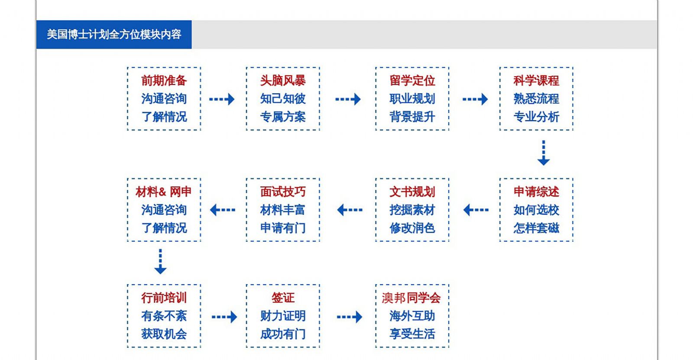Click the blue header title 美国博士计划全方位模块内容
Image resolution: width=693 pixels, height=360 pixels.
coord(114,34)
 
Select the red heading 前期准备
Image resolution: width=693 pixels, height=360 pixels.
coord(164,81)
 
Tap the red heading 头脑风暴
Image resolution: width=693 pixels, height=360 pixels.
coord(283,81)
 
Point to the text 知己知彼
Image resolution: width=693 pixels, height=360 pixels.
coord(283,99)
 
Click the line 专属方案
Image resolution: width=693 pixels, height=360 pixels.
coord(283,117)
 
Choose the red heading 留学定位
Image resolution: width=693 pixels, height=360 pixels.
coord(412,81)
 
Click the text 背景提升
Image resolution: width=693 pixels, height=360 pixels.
coord(412,117)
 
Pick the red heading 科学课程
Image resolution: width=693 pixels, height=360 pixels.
coord(536,81)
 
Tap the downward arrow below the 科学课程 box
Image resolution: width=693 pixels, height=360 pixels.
coord(543,153)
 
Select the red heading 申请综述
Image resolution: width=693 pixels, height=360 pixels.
coord(536,191)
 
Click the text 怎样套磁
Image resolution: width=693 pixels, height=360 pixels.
coord(536,228)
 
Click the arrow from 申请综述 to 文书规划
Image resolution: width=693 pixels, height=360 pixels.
coord(476,210)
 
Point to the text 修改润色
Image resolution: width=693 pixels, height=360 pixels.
coord(412,228)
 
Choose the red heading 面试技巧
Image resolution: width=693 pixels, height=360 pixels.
coord(283,191)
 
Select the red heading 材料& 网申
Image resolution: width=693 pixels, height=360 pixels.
coord(163,191)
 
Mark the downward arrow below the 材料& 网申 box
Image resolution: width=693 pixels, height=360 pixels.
coord(160,261)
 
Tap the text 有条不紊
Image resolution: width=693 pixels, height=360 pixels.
coord(164,316)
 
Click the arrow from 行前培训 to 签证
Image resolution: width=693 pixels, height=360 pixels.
coord(224,317)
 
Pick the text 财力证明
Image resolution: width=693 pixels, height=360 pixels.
coord(283,316)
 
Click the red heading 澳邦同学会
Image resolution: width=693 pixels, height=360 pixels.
coord(411,298)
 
